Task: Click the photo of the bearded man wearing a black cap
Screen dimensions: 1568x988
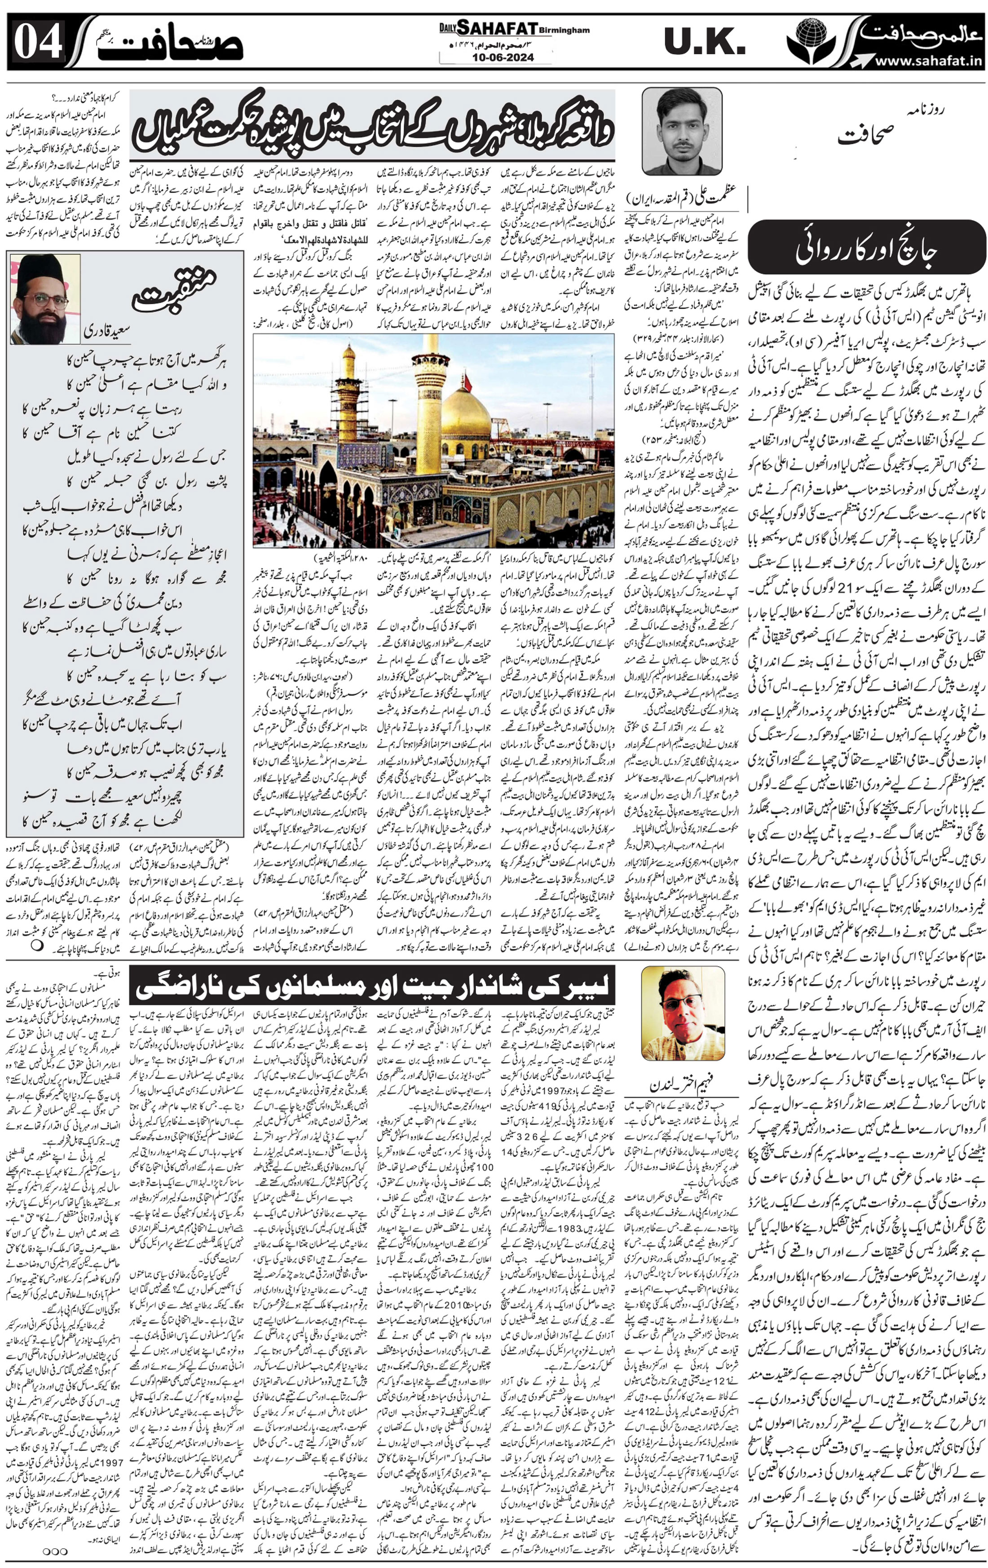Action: [x=44, y=299]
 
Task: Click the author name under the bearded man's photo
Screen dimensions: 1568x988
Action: [x=107, y=332]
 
